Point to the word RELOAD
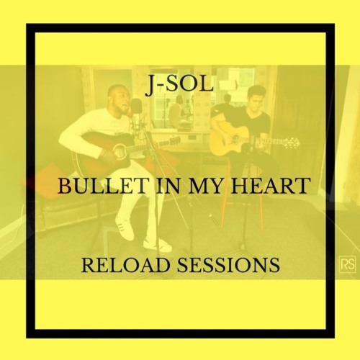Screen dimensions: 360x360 (123, 266)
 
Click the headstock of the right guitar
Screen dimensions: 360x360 (289, 142)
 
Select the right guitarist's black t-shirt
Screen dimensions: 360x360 (251, 130)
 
